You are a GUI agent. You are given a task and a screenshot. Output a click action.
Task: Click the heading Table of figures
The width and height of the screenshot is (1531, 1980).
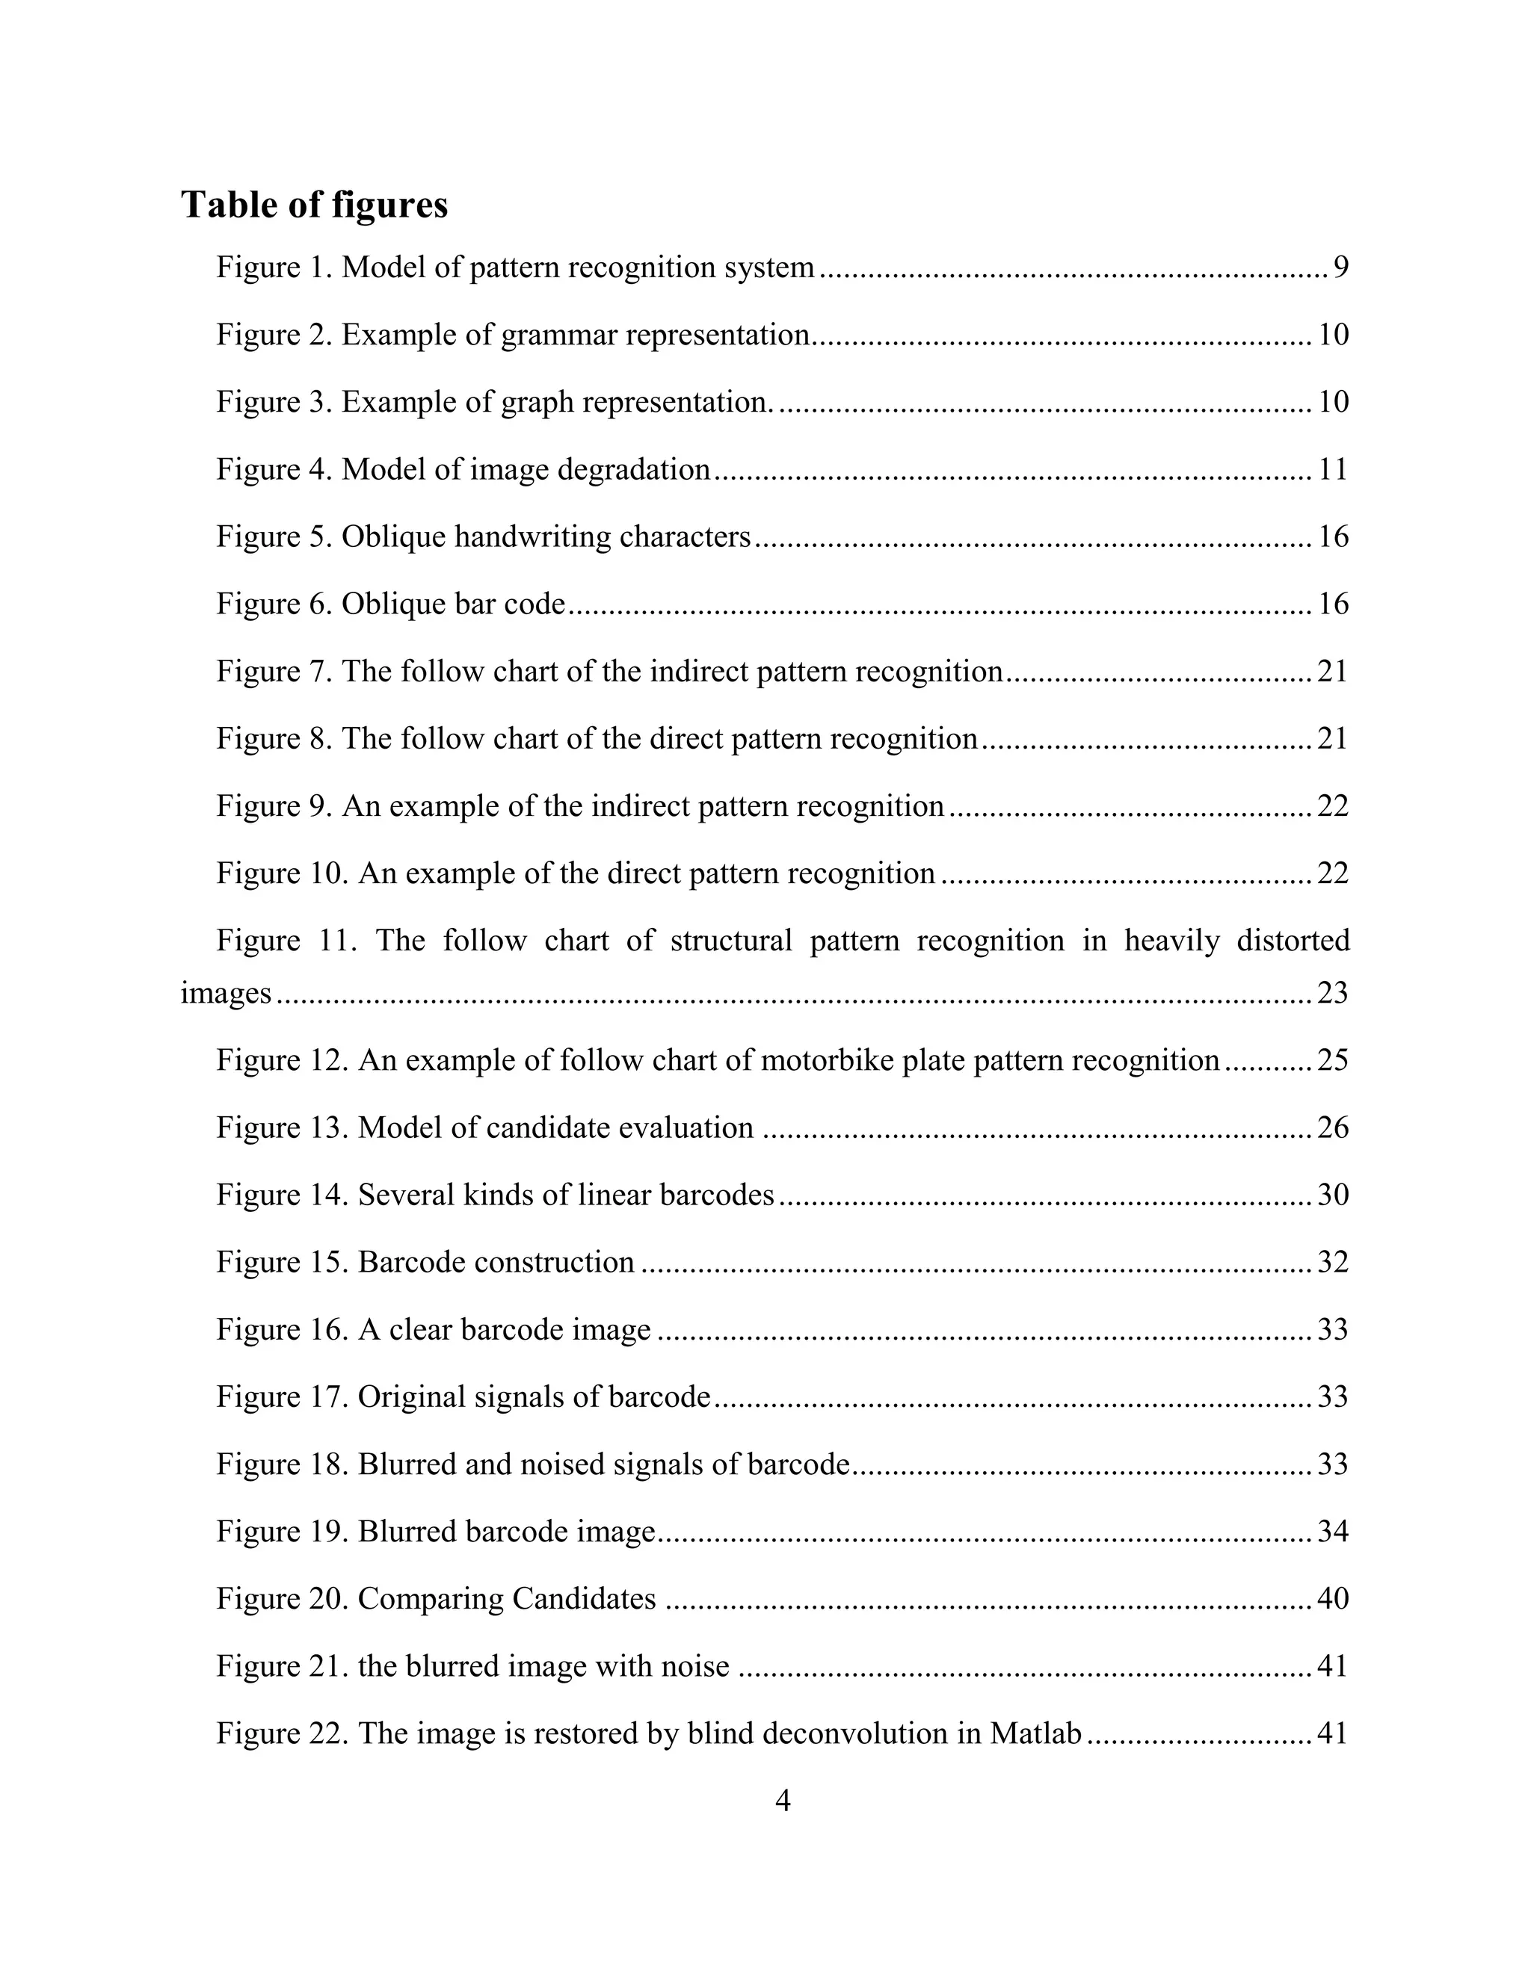(x=314, y=205)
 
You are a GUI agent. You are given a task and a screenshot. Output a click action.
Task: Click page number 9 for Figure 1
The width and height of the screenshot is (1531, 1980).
(x=1340, y=267)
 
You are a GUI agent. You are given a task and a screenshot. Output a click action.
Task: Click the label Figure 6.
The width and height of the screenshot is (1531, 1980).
(x=273, y=604)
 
